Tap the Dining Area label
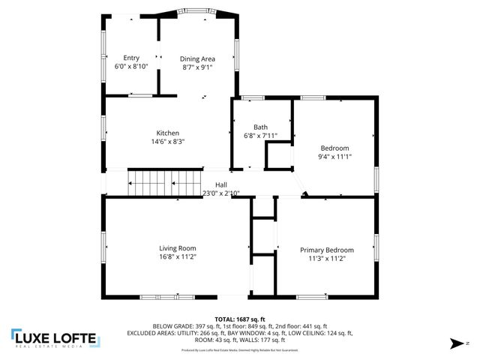[x=197, y=58]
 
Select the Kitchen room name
[x=167, y=133]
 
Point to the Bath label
[x=260, y=127]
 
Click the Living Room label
[x=177, y=249]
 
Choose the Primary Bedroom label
[x=326, y=250]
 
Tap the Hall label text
[x=221, y=185]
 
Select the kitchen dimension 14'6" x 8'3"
[x=167, y=141]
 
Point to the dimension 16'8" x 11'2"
[x=177, y=257]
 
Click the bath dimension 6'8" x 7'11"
[x=261, y=136]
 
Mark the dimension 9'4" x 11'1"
[x=334, y=157]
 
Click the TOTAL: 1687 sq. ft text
[x=240, y=319]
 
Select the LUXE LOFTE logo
[x=54, y=339]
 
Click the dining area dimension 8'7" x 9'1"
[x=197, y=67]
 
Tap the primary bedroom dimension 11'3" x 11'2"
[x=326, y=258]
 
